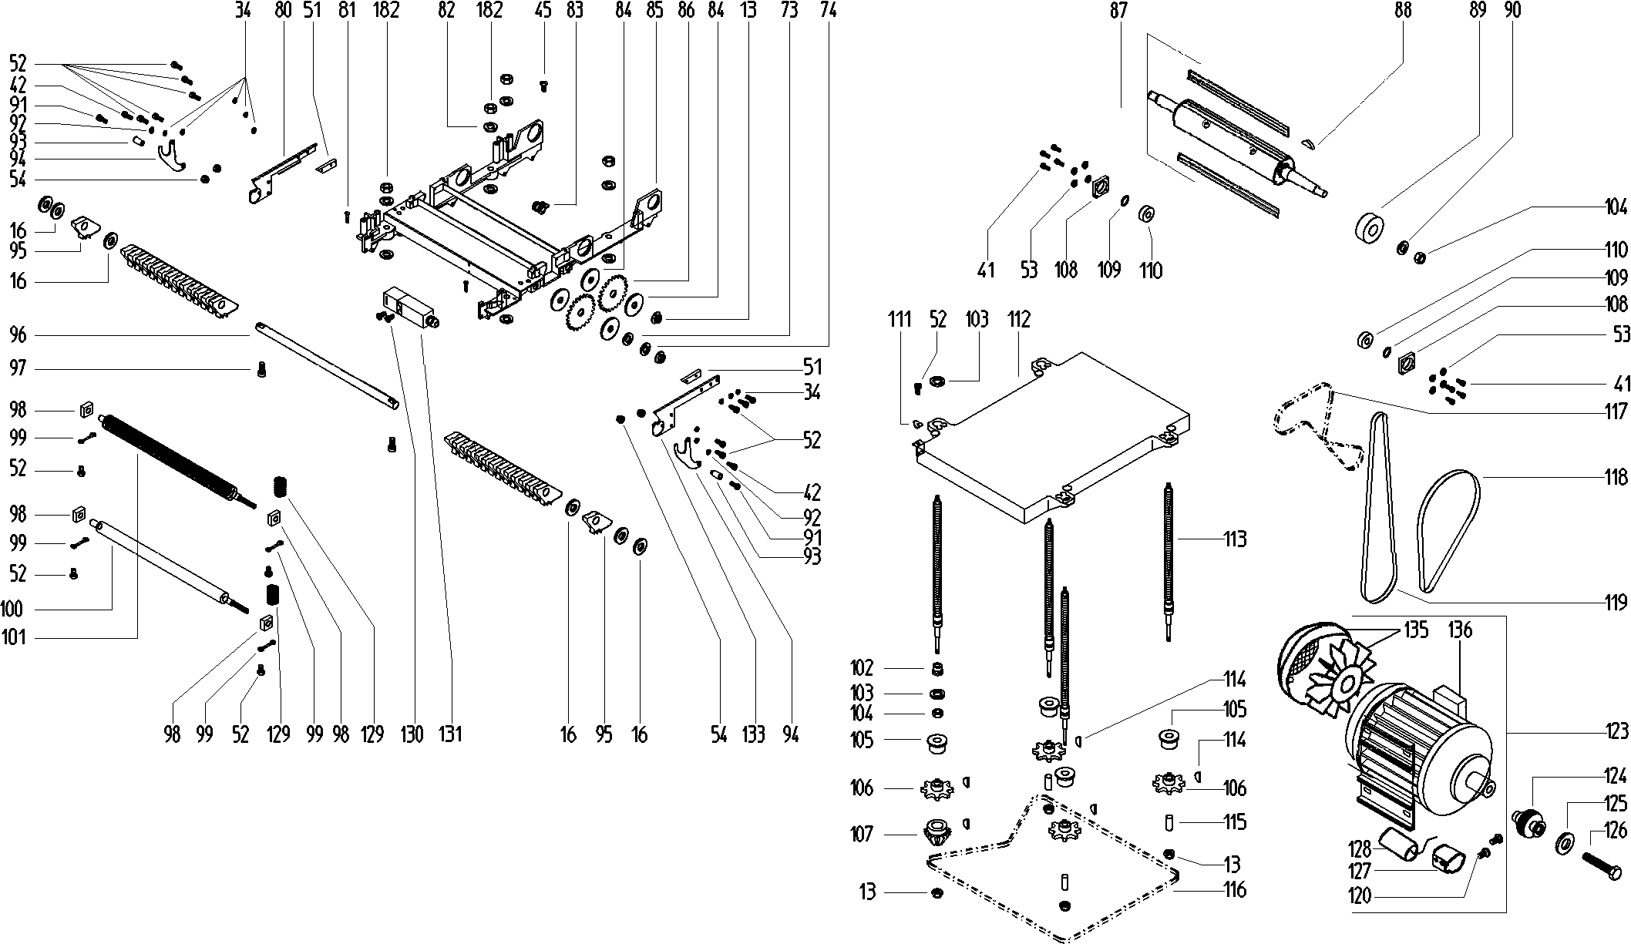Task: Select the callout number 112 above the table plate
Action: click(x=1018, y=319)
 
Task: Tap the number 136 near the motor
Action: click(x=1459, y=630)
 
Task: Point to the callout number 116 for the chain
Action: click(x=1235, y=890)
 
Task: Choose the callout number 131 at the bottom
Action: click(x=450, y=734)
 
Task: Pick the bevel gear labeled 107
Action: click(x=937, y=832)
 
